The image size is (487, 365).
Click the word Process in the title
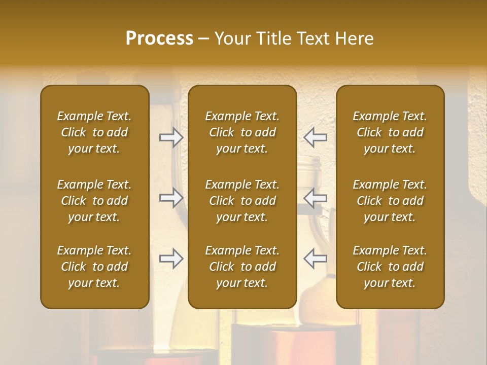159,38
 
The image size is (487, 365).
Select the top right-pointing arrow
171,137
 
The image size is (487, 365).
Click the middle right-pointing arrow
171,198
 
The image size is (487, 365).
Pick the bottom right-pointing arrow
171,259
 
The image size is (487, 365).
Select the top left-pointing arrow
315,137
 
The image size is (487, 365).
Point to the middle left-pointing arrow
315,198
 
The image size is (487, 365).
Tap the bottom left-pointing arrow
315,259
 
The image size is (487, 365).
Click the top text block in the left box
94,132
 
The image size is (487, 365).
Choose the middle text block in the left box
94,201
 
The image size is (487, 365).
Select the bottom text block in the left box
94,267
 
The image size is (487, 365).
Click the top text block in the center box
242,132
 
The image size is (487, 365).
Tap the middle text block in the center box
242,201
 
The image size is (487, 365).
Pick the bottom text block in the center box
242,267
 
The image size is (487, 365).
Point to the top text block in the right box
390,132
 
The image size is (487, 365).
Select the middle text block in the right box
390,201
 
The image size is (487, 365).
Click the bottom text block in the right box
390,267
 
